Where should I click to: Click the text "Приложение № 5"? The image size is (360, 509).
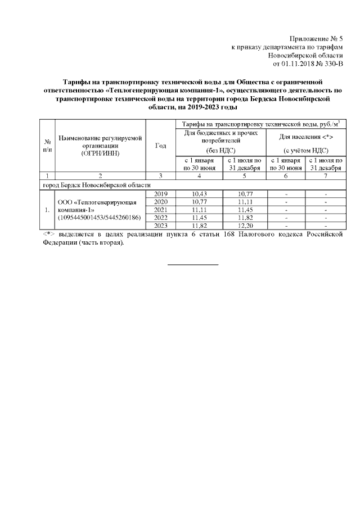[314, 38]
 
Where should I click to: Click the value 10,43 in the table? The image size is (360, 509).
[200, 194]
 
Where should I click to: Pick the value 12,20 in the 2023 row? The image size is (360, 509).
[244, 226]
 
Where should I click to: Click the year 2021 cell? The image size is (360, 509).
[161, 210]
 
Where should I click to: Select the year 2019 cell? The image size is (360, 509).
[161, 194]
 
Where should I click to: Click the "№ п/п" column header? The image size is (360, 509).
[48, 146]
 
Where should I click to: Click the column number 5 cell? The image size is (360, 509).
[244, 177]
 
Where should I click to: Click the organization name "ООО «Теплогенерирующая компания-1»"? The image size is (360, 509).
[97, 205]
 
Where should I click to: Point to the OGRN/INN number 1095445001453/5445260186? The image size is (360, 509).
[98, 218]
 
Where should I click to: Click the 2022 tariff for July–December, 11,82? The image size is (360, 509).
[244, 218]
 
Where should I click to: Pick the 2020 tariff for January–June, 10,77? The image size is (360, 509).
[200, 202]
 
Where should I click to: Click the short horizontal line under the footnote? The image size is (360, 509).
[193, 263]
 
